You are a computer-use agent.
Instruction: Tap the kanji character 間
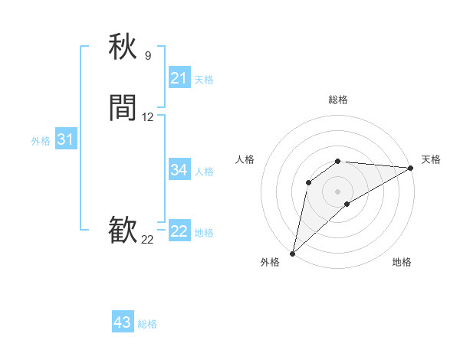pos(123,108)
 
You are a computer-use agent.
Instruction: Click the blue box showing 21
pos(179,78)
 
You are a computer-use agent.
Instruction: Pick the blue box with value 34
pos(179,170)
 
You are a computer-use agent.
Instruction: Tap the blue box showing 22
pos(179,231)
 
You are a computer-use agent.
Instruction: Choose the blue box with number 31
pos(65,139)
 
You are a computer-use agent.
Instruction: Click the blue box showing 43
pos(123,322)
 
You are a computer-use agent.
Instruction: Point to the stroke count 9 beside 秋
pos(148,55)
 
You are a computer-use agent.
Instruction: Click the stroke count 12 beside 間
pos(148,117)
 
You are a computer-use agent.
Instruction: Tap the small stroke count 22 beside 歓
pos(147,240)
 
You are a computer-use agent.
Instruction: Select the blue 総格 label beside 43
pos(148,324)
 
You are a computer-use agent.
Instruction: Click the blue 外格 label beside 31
pos(41,141)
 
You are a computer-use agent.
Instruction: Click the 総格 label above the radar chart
pos(338,100)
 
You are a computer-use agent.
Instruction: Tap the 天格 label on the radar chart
pos(432,159)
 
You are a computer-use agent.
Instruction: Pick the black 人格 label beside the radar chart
pos(245,159)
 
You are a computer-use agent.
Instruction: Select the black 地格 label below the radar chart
pos(402,262)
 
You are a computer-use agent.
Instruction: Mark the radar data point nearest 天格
pos(411,168)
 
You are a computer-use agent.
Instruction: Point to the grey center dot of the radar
pos(338,191)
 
